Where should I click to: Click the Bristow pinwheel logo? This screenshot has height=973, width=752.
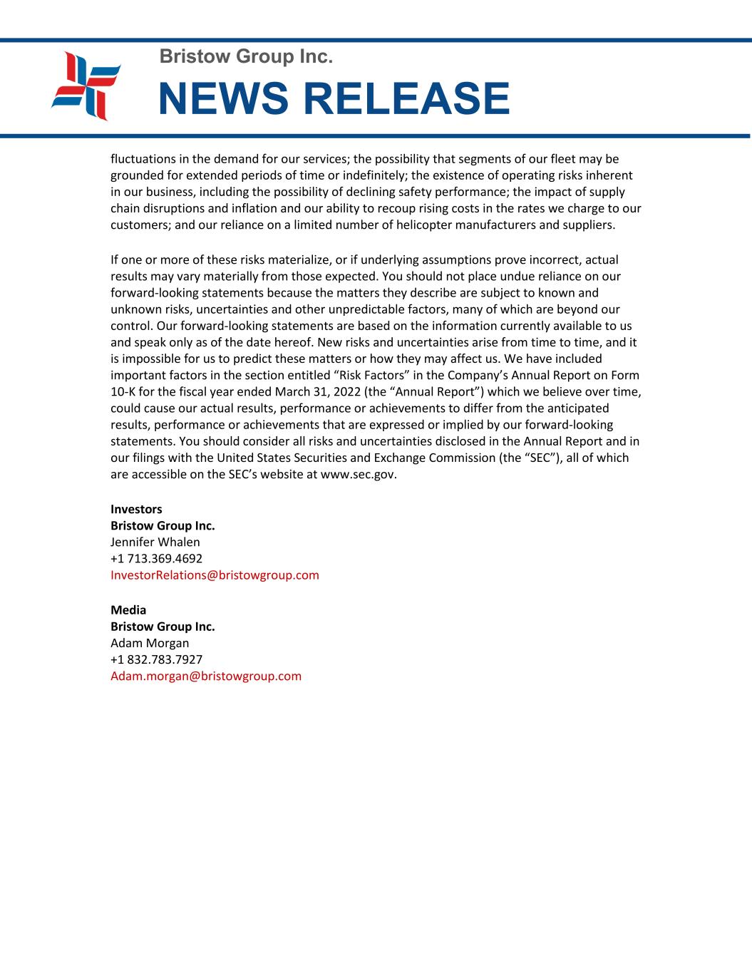[x=86, y=86]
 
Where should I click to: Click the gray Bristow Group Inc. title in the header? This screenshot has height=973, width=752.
[x=246, y=56]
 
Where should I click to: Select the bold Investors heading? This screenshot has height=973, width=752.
[x=136, y=509]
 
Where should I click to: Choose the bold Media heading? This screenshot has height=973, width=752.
[x=128, y=609]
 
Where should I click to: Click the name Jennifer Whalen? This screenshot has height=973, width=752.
[x=155, y=542]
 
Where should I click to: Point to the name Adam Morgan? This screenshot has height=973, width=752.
[x=150, y=643]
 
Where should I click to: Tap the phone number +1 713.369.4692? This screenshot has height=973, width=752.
[x=156, y=558]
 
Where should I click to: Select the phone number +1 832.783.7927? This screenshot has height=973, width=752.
[x=156, y=659]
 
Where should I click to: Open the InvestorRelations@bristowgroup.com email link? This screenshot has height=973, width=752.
[x=215, y=575]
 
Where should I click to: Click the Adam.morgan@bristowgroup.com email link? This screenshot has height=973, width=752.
[x=206, y=676]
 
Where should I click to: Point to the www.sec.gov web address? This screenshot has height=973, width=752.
[x=359, y=474]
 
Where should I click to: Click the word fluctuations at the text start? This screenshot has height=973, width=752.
[x=145, y=158]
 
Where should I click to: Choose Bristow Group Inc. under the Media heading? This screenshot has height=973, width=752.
[x=163, y=627]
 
